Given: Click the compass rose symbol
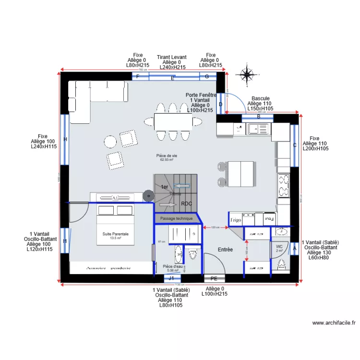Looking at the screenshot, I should click(x=247, y=74).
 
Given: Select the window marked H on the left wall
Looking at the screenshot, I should click(x=65, y=139).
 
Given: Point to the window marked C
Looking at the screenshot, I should click(x=295, y=145).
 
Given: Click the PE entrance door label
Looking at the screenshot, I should click(x=214, y=278).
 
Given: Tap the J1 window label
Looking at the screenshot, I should click(x=171, y=278).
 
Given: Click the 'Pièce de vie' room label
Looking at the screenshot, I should click(x=167, y=156).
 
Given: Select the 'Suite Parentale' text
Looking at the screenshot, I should click(x=115, y=234).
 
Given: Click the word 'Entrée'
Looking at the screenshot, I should click(x=225, y=250).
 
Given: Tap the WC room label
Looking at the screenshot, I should click(x=279, y=246).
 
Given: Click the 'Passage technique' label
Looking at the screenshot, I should click(x=176, y=219).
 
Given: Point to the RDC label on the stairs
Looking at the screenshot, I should click(x=186, y=204).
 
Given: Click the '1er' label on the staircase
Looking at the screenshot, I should click(x=164, y=187).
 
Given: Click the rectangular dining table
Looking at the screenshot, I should click(x=173, y=121).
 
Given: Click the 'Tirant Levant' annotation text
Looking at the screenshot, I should click(x=171, y=57).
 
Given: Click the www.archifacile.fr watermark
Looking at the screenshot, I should click(x=333, y=323).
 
